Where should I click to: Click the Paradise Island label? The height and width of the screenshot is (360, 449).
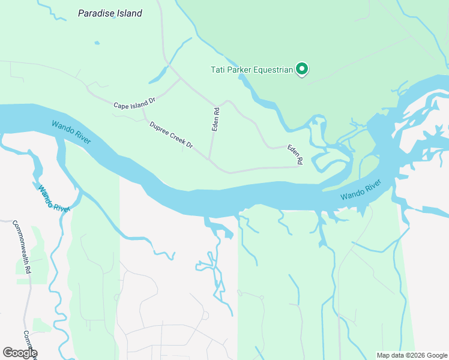click(110, 13)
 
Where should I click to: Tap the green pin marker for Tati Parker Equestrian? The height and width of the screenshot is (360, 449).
click(303, 70)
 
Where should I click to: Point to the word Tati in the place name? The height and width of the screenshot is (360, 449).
click(218, 70)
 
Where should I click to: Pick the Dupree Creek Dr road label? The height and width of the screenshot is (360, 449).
click(171, 136)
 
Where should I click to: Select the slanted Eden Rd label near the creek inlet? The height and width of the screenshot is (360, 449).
click(295, 154)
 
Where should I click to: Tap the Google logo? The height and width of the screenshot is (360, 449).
click(19, 353)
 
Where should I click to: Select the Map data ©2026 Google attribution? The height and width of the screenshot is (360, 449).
click(412, 355)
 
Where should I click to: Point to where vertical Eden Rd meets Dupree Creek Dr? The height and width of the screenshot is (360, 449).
click(209, 159)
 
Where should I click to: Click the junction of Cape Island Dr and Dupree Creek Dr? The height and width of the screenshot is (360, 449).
click(143, 109)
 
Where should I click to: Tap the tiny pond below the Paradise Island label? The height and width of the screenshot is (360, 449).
click(96, 43)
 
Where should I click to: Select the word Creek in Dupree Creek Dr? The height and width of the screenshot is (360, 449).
click(175, 137)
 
